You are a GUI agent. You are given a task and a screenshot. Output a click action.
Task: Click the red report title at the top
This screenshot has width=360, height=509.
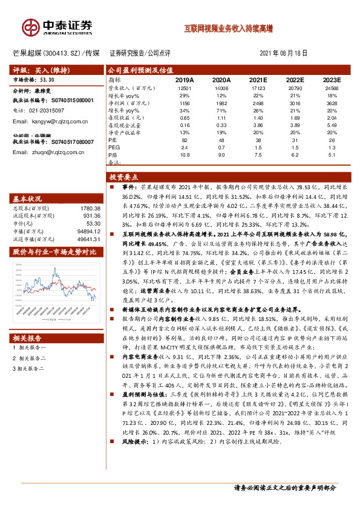tap(228, 28)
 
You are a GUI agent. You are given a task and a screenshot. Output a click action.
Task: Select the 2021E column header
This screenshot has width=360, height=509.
tap(258, 80)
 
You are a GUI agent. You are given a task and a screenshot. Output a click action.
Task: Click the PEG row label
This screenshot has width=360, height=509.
tap(114, 147)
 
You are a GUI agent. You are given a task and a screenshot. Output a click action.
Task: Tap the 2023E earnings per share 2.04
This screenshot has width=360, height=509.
tap(332, 118)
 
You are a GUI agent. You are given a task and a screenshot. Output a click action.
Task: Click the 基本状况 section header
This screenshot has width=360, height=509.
tap(28, 199)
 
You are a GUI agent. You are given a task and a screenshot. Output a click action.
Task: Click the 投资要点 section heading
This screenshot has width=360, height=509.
tap(124, 177)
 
